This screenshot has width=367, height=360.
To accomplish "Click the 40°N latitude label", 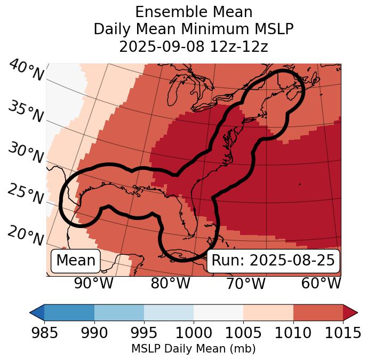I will (26, 71).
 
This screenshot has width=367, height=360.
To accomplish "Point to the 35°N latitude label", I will (26, 112).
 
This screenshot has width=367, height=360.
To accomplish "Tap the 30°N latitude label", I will (26, 153).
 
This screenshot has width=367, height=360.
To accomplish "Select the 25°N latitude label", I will (26, 194).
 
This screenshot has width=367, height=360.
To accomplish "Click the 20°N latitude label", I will (26, 235).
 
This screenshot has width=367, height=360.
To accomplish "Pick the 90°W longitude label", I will (94, 284).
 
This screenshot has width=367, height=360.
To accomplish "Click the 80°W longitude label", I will (170, 284).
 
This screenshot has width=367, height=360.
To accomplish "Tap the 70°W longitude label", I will (246, 284).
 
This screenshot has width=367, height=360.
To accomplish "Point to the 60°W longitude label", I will (321, 284).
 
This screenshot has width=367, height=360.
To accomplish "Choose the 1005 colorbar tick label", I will (243, 333).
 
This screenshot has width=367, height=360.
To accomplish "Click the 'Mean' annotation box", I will (76, 261).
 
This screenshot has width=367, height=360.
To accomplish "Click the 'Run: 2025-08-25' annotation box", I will (273, 261).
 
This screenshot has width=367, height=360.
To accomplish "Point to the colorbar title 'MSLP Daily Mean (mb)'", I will (193, 349).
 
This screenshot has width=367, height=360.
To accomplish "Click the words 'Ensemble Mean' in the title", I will (193, 12).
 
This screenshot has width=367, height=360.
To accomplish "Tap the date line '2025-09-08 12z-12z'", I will (193, 46).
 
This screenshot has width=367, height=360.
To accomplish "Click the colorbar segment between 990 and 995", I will (119, 312).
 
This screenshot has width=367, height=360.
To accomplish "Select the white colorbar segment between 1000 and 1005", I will (218, 312).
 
